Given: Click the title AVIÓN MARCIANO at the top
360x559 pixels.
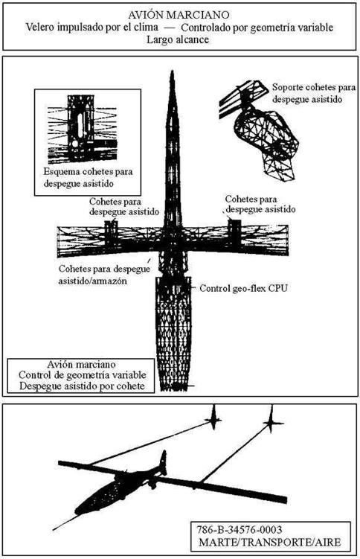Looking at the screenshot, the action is click(179, 15).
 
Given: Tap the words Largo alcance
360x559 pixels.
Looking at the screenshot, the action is click(178, 39).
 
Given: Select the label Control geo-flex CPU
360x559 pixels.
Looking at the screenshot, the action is click(243, 288).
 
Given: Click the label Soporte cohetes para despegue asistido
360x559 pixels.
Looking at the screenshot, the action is click(314, 93).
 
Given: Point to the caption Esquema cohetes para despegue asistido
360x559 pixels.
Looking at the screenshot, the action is click(88, 177).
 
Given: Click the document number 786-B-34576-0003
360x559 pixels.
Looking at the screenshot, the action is click(240, 530).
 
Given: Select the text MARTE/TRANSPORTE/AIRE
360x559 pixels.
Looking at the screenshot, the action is click(269, 542).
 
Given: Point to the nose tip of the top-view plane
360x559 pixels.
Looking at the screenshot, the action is click(172, 71).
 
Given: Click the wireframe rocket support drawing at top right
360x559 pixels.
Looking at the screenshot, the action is click(260, 127).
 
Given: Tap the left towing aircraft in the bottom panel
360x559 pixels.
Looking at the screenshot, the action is click(213, 418).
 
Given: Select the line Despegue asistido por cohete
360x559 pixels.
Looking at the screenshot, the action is click(82, 386).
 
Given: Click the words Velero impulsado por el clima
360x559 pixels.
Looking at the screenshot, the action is click(91, 27).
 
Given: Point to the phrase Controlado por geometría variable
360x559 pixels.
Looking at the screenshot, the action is click(257, 28).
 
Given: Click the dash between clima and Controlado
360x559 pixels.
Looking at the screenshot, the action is click(170, 27).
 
